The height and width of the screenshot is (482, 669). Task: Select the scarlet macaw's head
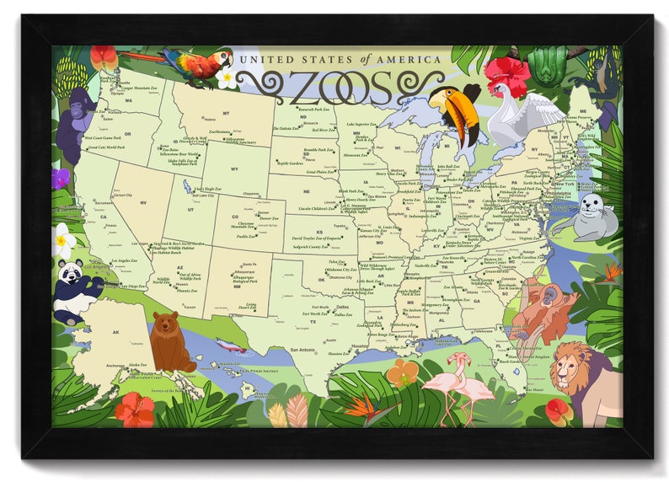[221, 59]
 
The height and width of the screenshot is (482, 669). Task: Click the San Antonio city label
[305, 349]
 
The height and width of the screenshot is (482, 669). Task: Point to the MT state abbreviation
[226, 112]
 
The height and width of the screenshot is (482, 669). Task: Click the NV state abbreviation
[143, 202]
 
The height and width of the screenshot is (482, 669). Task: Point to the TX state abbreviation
[313, 321]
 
